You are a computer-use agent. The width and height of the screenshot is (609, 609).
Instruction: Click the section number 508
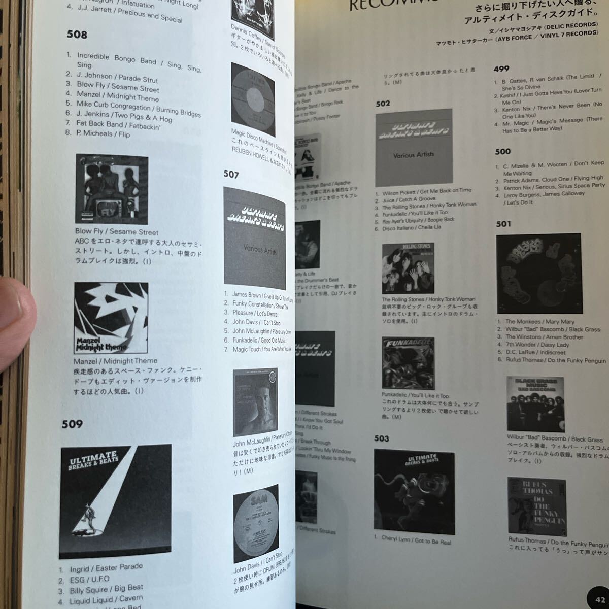point(77,35)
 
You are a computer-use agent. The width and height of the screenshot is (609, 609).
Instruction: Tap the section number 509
point(72,424)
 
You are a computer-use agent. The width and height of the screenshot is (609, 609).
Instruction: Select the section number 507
point(231,175)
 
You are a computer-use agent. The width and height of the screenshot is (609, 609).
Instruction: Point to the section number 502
point(383,104)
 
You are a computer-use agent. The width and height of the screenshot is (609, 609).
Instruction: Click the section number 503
point(381,438)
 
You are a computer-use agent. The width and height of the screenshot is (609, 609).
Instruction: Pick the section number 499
point(501,69)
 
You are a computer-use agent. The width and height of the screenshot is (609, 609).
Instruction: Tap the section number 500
point(502,151)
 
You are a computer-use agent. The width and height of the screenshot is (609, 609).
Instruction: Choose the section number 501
point(503,224)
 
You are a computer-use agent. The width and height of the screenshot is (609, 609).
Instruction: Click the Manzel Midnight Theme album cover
point(111,318)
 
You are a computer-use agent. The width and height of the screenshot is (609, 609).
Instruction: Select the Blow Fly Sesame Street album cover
point(112,189)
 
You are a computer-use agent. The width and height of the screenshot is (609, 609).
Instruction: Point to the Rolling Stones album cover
point(408,269)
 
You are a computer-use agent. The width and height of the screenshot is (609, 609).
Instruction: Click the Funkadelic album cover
point(408,363)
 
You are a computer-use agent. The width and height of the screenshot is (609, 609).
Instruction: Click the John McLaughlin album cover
point(255,400)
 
